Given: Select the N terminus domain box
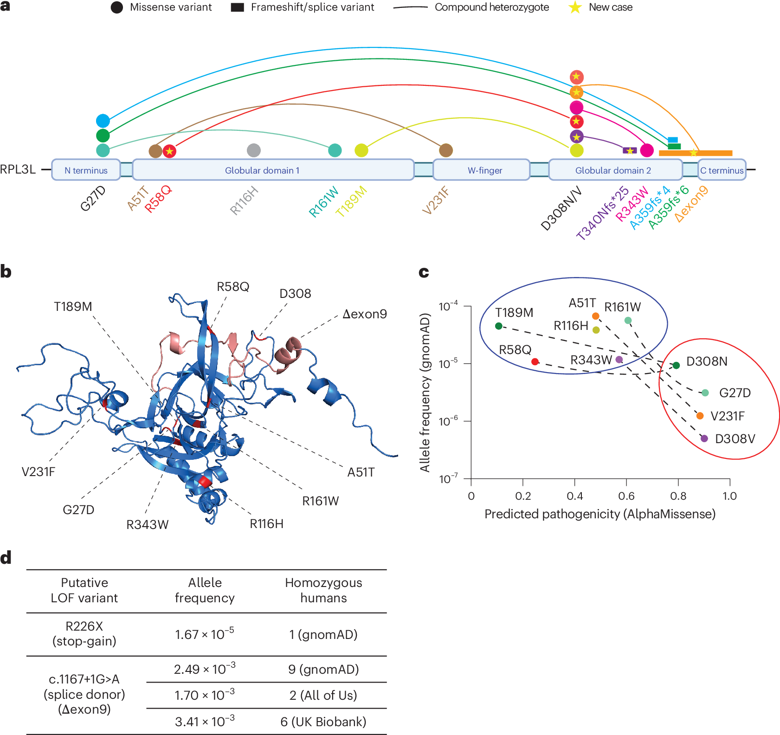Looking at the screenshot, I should (86, 170).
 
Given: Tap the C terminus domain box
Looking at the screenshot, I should (722, 170).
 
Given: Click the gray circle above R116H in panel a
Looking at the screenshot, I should (254, 150).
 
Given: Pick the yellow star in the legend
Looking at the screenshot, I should (575, 7).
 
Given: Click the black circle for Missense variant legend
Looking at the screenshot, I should (117, 7).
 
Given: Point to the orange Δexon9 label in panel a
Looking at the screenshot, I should (691, 204).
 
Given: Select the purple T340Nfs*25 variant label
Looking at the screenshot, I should (602, 213).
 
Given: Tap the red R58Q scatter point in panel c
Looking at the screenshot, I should (535, 361).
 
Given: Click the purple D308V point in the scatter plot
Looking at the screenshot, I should (704, 438).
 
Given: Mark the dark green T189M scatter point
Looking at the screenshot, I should (498, 326).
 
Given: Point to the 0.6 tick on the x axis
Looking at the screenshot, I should (626, 496).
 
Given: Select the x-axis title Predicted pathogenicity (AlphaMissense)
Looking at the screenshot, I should (600, 514).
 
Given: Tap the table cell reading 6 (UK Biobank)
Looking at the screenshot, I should (323, 722).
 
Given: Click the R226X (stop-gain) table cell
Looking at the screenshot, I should (84, 633).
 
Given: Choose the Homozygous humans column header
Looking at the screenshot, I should (323, 590).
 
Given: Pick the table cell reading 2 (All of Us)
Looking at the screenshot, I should (323, 695).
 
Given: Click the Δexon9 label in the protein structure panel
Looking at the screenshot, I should (365, 314).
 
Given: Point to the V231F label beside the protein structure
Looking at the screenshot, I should (39, 472).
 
